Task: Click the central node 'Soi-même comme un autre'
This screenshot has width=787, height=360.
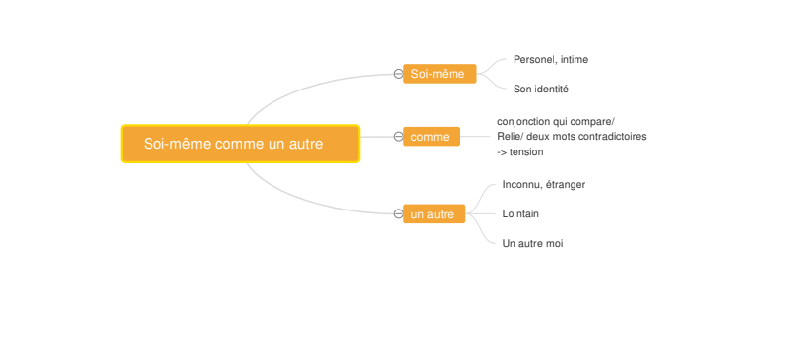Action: click(x=240, y=144)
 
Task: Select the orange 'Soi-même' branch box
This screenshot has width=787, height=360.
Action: click(x=440, y=74)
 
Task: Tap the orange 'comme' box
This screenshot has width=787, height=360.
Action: click(x=432, y=136)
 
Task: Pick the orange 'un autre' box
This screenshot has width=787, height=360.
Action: click(x=434, y=213)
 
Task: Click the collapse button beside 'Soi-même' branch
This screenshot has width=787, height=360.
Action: click(x=398, y=74)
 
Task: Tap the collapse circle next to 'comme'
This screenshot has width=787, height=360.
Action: click(x=398, y=136)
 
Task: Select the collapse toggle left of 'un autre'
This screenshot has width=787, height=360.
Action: click(x=398, y=213)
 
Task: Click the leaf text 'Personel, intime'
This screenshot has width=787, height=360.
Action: click(x=551, y=60)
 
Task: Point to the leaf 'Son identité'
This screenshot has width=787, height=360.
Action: click(x=540, y=90)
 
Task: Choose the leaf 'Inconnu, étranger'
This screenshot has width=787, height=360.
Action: click(x=544, y=185)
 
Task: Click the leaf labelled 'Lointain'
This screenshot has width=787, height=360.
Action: click(x=520, y=213)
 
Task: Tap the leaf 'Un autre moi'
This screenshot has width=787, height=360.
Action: click(x=532, y=244)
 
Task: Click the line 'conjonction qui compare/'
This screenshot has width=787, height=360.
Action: click(x=556, y=122)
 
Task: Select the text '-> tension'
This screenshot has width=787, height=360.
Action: click(x=520, y=152)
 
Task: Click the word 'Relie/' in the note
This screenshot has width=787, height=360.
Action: click(x=510, y=136)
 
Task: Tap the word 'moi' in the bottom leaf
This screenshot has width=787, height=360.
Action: click(x=554, y=244)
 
